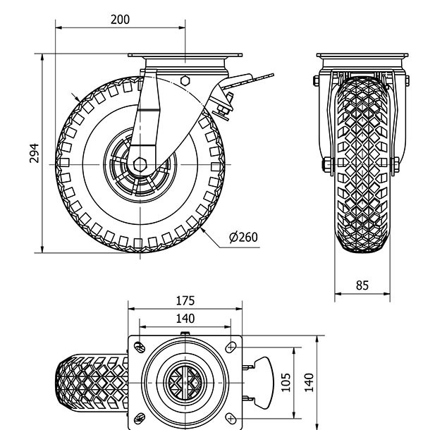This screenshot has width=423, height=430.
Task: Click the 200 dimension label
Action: pyautogui.click(x=120, y=20)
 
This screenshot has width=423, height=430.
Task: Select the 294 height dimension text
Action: pyautogui.click(x=34, y=153)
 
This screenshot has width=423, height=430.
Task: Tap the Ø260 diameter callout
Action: pyautogui.click(x=243, y=237)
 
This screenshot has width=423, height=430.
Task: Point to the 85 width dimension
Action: pyautogui.click(x=362, y=285)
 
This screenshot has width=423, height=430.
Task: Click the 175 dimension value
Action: pyautogui.click(x=185, y=301)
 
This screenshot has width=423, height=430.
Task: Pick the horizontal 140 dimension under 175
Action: pyautogui.click(x=185, y=318)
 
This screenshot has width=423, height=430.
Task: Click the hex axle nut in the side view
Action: pyautogui.click(x=140, y=165)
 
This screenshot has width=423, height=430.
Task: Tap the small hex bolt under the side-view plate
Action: pyautogui.click(x=185, y=80)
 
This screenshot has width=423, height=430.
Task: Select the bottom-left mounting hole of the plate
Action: pyautogui.click(x=140, y=416)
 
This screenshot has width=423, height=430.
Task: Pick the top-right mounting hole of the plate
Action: pyautogui.click(x=231, y=346)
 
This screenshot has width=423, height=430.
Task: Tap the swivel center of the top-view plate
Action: pyautogui.click(x=185, y=381)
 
